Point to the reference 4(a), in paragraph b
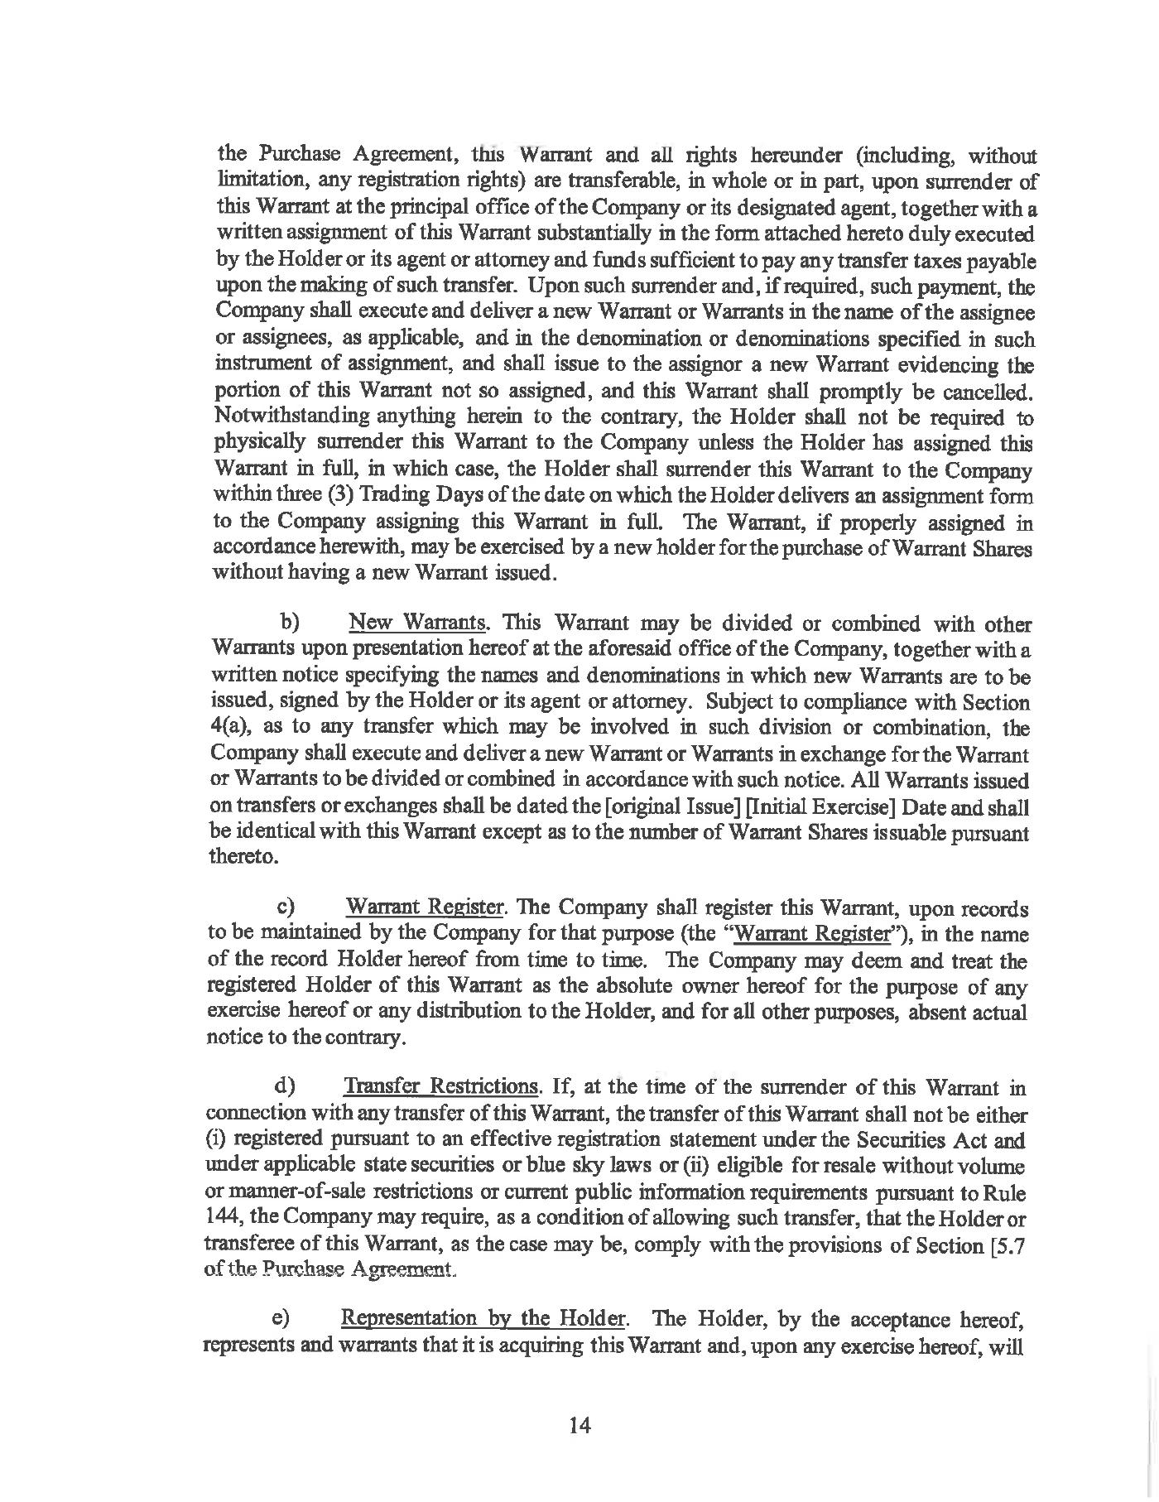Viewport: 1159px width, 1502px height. (228, 728)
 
